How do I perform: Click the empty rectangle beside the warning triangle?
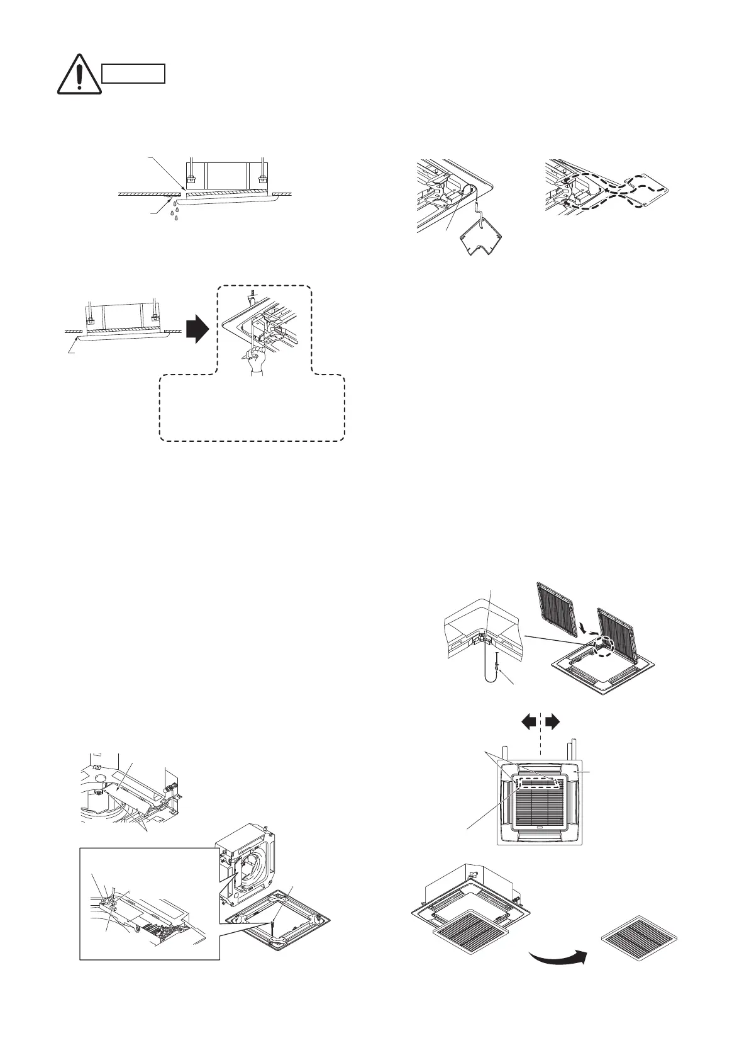tap(133, 74)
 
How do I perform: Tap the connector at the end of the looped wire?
tap(497, 665)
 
